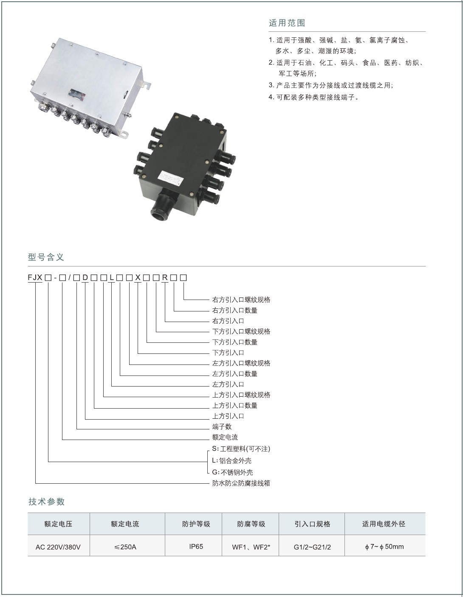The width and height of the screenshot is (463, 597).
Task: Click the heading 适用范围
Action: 287,23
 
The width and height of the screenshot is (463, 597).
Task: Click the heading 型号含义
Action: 46,257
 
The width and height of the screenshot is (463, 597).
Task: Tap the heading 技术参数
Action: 46,502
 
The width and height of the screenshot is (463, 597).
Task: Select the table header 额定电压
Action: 58,524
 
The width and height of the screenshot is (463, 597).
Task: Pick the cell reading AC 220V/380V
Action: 58,547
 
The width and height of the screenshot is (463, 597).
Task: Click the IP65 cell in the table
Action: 196,547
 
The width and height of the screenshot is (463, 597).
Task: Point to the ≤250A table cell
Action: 125,547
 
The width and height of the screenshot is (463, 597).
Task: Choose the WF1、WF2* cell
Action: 251,547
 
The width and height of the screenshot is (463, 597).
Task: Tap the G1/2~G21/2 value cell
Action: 312,547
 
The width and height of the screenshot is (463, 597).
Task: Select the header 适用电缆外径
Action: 384,524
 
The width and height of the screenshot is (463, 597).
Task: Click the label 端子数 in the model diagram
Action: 222,427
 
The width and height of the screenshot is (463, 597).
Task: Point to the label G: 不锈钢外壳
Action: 233,472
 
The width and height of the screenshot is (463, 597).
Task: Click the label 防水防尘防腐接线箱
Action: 241,483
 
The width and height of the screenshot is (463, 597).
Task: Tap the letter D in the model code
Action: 85,277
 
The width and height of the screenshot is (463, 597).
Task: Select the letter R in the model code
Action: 165,277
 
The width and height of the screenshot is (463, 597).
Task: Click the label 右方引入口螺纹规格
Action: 241,300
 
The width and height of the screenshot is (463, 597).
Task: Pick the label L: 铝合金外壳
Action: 232,460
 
